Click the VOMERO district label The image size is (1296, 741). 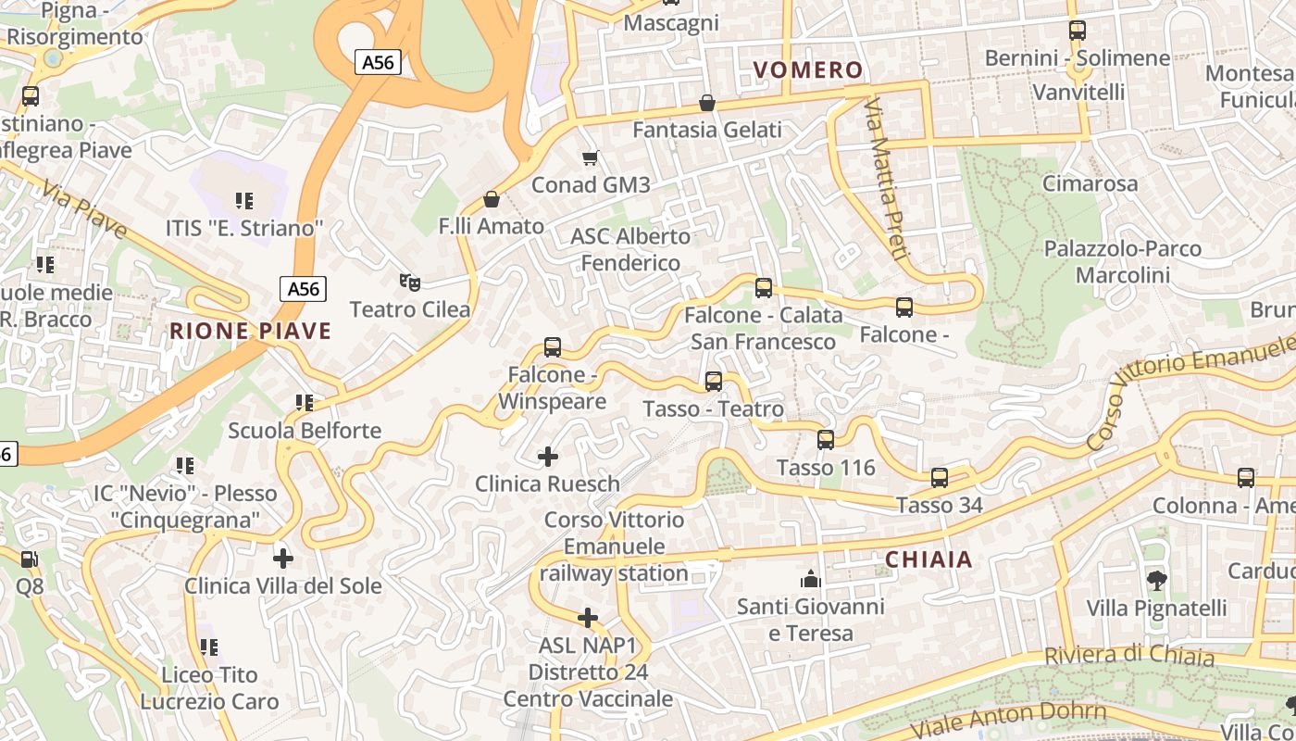coord(807,70)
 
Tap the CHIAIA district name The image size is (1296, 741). coord(928,559)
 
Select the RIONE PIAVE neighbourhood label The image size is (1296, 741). coord(250,331)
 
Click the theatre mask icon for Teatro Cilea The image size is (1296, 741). coord(409,282)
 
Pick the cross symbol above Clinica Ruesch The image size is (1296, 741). coord(548,456)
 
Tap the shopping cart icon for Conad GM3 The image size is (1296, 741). coord(590,157)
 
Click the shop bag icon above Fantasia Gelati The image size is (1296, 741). coord(707,102)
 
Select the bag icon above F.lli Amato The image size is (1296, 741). coord(491,199)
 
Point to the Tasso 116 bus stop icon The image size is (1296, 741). coord(826,440)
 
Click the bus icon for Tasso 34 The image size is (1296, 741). coord(940,478)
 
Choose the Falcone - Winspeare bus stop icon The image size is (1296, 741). coord(553,347)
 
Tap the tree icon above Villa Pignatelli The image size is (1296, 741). coord(1156,581)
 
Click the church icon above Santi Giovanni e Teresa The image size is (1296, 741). coord(811,580)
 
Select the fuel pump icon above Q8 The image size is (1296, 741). coord(30,559)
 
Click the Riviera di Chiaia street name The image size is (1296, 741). coord(1128,656)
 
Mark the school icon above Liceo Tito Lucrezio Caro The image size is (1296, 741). coord(209,647)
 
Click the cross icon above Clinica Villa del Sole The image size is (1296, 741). coord(283,558)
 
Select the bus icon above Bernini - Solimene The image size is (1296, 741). coord(1077,31)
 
